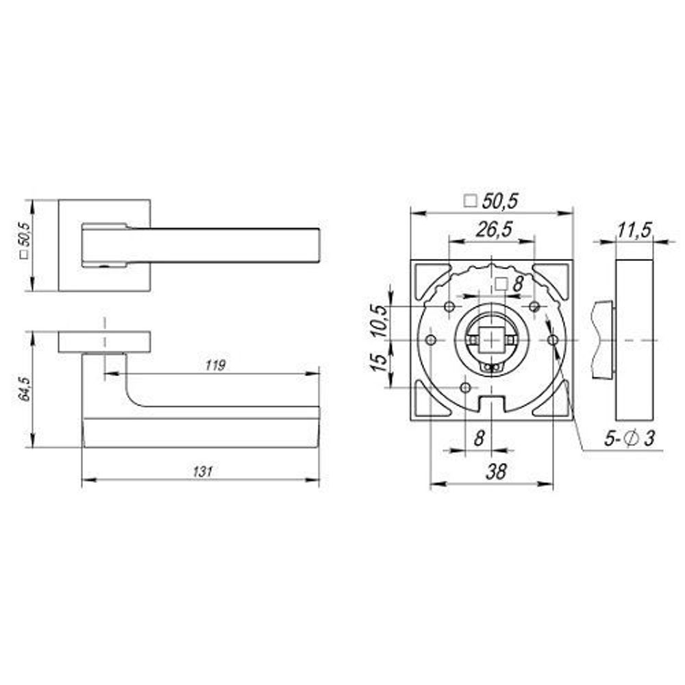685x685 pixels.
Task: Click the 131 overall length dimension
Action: coord(200,471)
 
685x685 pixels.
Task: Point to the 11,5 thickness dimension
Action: coord(633,231)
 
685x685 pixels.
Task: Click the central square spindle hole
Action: coord(490,340)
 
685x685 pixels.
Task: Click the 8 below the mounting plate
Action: coord(479,438)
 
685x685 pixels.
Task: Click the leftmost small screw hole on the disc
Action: coord(431,340)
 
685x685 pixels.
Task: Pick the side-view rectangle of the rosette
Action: coord(634,340)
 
